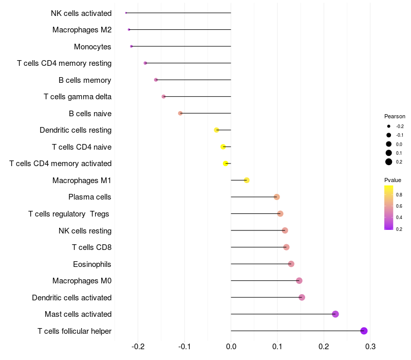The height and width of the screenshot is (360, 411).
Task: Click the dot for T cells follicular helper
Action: tap(364, 331)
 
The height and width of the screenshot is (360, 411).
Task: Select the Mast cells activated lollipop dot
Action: tap(335, 314)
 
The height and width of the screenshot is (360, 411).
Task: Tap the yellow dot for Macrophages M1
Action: tap(247, 180)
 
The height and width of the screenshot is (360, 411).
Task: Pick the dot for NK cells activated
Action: tap(126, 13)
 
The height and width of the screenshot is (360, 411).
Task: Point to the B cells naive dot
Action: tap(180, 113)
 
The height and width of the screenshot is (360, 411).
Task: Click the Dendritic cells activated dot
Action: tap(302, 297)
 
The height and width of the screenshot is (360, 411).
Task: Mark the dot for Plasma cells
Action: tap(276, 197)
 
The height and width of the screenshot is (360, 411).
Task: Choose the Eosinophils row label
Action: tap(92, 264)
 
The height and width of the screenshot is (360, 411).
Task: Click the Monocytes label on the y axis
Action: tap(92, 47)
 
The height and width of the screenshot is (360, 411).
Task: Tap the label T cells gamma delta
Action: tap(78, 97)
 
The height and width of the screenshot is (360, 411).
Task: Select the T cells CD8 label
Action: tap(91, 247)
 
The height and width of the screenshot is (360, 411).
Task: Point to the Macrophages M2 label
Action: tap(82, 30)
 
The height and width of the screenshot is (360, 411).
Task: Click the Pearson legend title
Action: tap(395, 116)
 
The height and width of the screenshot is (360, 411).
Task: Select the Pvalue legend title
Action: tap(393, 180)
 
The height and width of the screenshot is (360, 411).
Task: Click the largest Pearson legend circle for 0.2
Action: tap(389, 162)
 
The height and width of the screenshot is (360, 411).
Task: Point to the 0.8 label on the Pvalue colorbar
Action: tap(399, 194)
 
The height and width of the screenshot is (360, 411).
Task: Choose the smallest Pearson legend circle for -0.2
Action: tap(389, 126)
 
